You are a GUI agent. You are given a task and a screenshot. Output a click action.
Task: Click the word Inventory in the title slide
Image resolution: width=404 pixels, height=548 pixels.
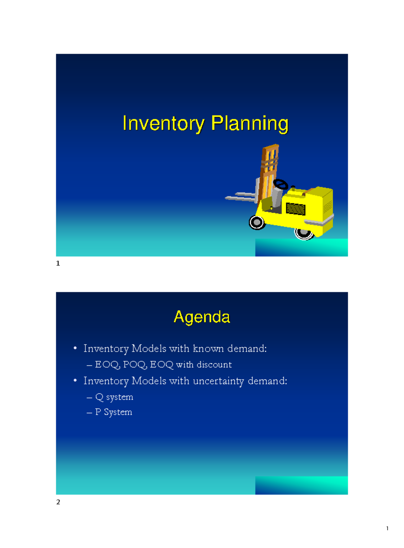click(x=163, y=124)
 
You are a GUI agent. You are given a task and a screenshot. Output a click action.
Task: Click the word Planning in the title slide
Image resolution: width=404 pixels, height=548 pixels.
click(x=249, y=124)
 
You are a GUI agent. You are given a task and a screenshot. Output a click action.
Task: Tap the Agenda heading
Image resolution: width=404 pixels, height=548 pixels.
click(x=202, y=317)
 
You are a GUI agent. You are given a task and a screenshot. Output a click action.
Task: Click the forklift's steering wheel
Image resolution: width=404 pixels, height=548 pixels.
click(x=280, y=184)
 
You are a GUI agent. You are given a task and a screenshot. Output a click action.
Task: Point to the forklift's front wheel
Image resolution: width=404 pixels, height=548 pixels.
click(x=257, y=222)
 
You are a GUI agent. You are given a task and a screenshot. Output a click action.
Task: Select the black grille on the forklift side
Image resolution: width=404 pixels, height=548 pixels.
click(x=295, y=209)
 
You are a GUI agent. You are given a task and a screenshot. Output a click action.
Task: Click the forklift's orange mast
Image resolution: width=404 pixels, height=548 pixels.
click(x=269, y=168)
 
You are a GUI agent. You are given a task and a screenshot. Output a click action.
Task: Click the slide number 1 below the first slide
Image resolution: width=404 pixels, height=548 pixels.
click(x=58, y=263)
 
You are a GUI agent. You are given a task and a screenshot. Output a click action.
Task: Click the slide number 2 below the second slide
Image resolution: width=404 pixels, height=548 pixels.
click(x=58, y=502)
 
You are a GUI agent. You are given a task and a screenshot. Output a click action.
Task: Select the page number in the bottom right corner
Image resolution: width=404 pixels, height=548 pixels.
click(x=387, y=528)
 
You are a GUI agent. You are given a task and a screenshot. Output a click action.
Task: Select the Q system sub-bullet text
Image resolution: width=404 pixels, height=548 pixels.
click(x=114, y=397)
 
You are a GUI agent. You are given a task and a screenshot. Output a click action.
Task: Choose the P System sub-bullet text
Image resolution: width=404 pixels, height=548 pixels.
click(x=113, y=412)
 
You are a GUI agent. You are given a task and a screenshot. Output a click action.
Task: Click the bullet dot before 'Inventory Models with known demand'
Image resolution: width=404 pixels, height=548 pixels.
click(x=75, y=348)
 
